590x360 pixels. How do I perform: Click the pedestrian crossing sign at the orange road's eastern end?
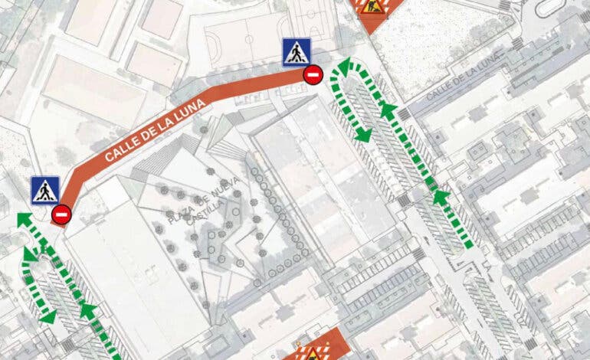296,52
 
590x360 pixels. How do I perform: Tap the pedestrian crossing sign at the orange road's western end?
45,190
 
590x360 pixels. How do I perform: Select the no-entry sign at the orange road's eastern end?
313,75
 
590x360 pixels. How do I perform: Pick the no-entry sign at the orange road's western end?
62,214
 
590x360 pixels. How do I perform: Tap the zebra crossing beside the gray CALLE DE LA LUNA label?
405,113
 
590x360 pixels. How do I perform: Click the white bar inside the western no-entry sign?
62,214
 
